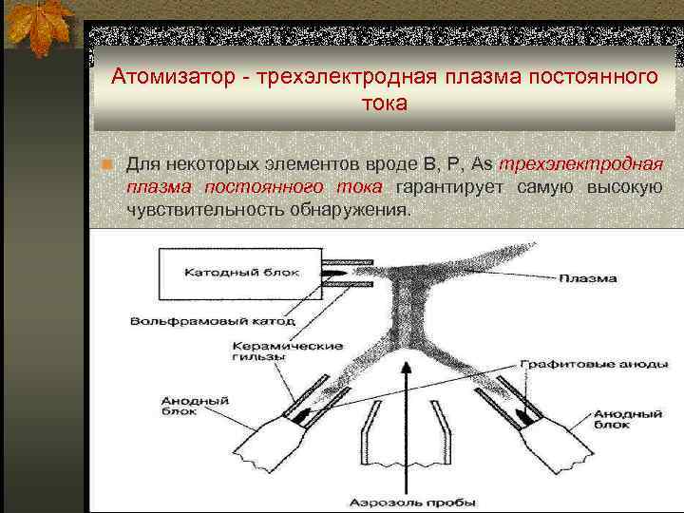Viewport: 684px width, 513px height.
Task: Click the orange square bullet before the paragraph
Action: point(107,164)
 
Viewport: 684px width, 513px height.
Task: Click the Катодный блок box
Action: point(241,272)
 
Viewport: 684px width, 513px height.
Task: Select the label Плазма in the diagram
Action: point(588,278)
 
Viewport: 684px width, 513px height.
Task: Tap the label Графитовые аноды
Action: point(580,365)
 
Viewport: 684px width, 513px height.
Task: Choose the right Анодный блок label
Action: point(628,419)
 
